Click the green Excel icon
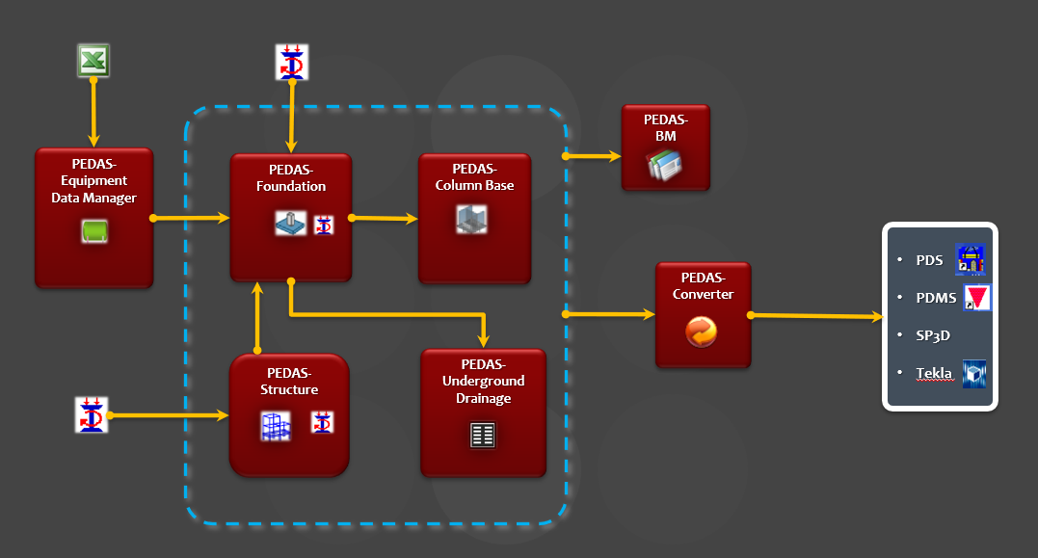pyautogui.click(x=93, y=61)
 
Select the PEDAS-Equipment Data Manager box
pyautogui.click(x=93, y=218)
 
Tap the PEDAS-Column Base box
pyautogui.click(x=474, y=218)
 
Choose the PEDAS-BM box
pyautogui.click(x=666, y=146)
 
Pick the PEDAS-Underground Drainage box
pyautogui.click(x=483, y=412)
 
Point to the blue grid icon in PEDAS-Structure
pyautogui.click(x=276, y=426)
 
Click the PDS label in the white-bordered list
pyautogui.click(x=929, y=260)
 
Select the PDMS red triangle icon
pyautogui.click(x=976, y=298)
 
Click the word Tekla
pyautogui.click(x=934, y=374)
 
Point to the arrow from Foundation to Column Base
pyautogui.click(x=385, y=219)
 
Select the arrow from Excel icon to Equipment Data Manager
pyautogui.click(x=93, y=113)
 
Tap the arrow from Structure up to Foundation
pyautogui.click(x=257, y=318)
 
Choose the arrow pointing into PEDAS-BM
pyautogui.click(x=594, y=155)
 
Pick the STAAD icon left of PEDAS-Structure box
pyautogui.click(x=92, y=414)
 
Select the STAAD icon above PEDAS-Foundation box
pyautogui.click(x=291, y=62)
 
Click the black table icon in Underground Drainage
pyautogui.click(x=482, y=435)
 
